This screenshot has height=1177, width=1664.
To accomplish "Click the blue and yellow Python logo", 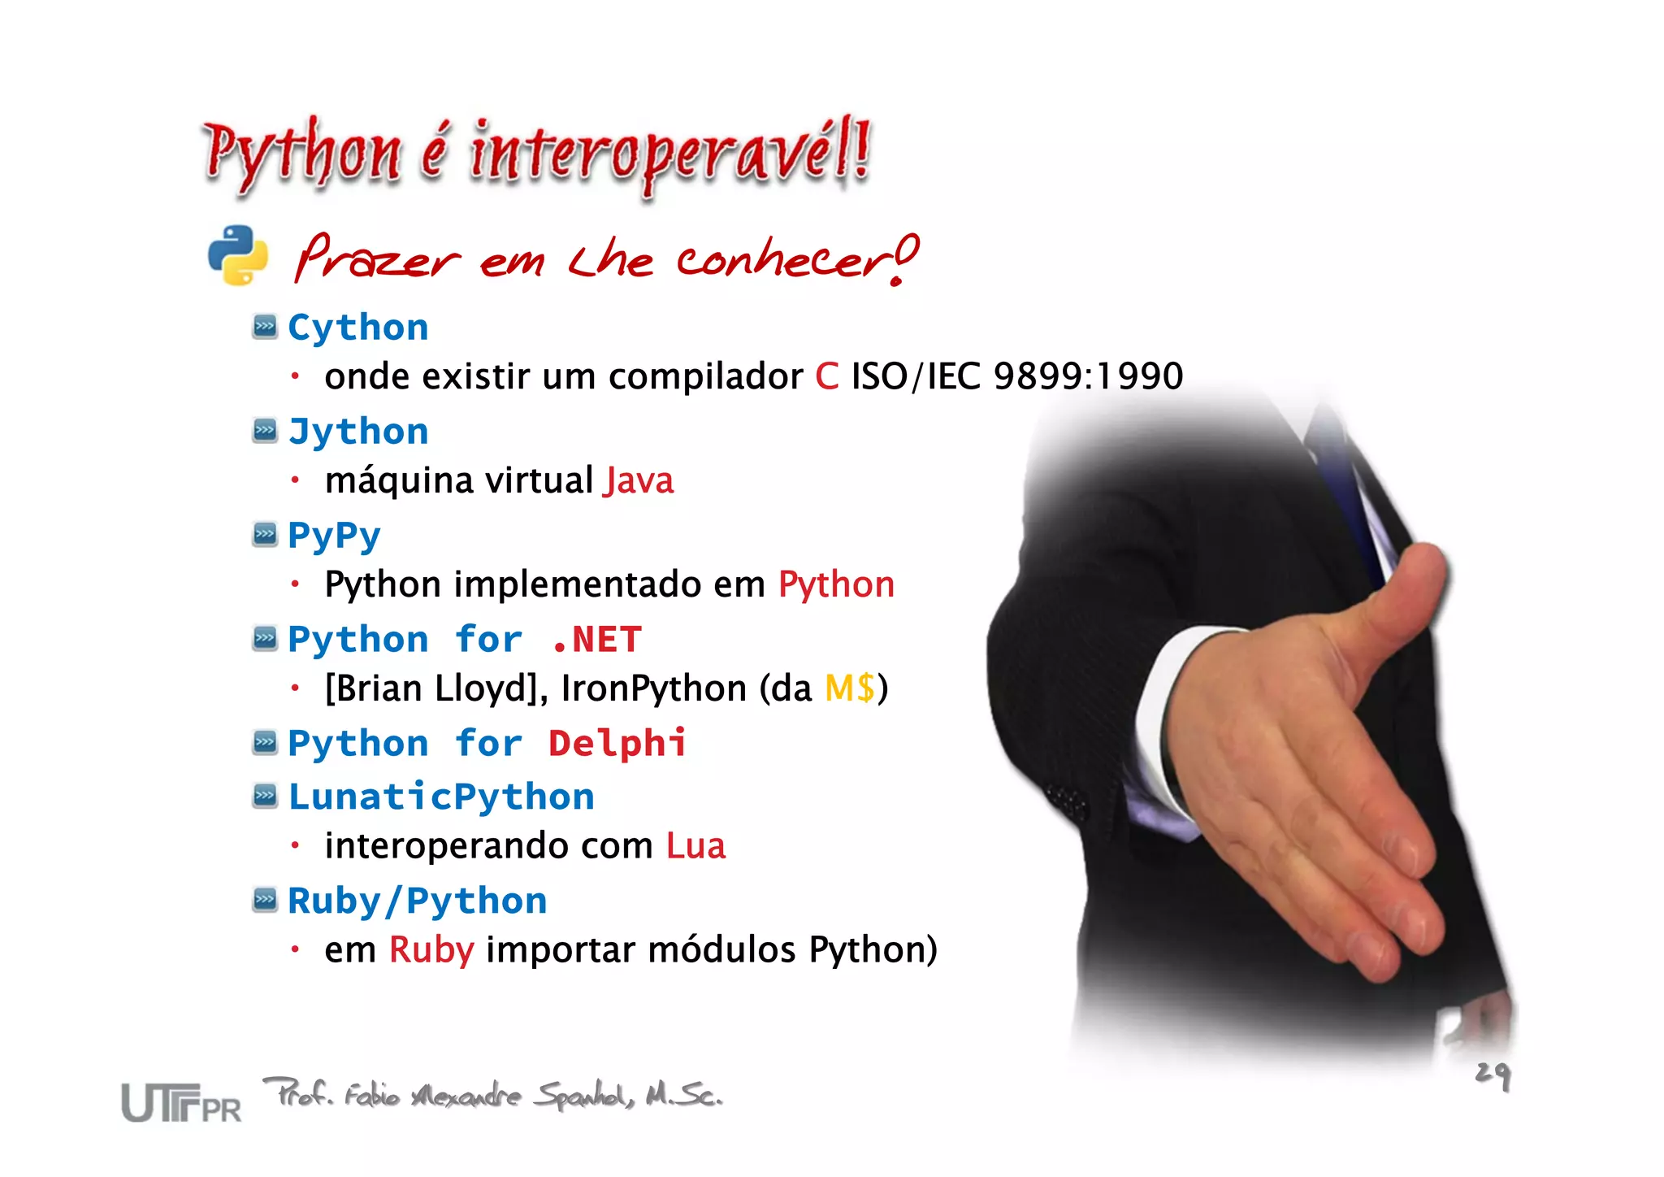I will pos(237,255).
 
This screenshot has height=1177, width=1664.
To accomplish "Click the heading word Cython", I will pos(358,328).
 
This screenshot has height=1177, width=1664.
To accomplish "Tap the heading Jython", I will pos(358,432).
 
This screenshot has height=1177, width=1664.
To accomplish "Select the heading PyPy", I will pos(334,536).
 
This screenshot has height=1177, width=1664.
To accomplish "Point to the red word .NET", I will pos(597,640).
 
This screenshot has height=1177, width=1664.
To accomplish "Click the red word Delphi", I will pos(617,744).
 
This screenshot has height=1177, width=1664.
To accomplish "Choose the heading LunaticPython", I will pos(441,797).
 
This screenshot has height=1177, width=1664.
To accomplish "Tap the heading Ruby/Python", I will pos(417,901).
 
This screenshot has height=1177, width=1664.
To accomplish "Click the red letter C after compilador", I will pos(826,376).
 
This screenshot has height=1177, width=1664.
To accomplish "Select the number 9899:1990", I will pos(1088,376).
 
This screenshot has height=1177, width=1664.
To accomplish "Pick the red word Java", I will pos(639,480).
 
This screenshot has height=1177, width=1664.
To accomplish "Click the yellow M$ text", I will pos(850,688).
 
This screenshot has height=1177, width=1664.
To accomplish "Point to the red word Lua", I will pos(695,845).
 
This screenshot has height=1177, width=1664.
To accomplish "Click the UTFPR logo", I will pos(181,1103).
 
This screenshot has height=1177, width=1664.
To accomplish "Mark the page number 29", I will pos(1493,1075).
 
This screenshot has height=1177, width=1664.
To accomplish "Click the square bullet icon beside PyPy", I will pos(265,534).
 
